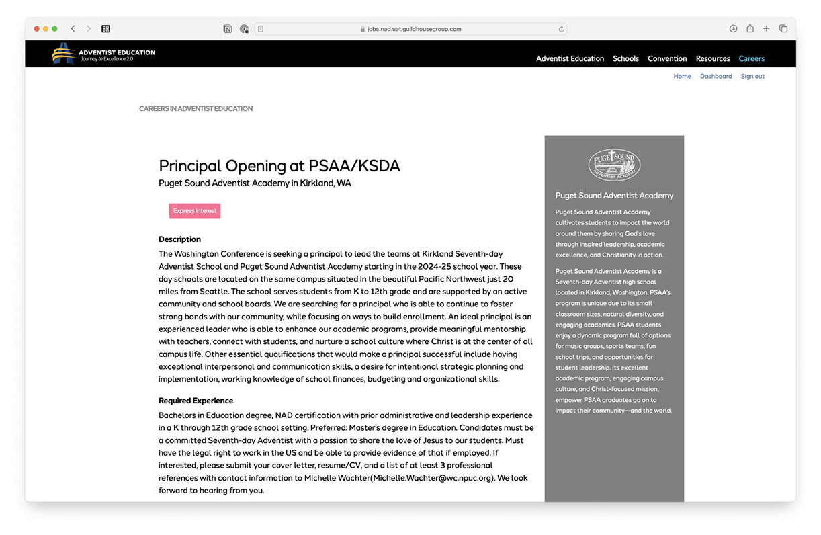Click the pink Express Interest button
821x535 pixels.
click(195, 211)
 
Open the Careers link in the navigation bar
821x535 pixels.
click(751, 58)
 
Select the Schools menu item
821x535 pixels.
click(625, 58)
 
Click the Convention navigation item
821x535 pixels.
click(667, 58)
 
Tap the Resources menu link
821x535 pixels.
click(713, 58)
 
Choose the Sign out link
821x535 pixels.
click(752, 77)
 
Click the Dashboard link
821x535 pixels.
click(716, 77)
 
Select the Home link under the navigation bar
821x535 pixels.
click(682, 77)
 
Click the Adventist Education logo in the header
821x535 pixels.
click(103, 54)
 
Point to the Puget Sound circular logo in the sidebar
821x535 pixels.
click(614, 165)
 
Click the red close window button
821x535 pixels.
click(37, 29)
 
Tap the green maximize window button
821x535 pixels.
click(54, 29)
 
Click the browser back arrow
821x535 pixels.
click(73, 29)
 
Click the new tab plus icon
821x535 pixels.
click(766, 29)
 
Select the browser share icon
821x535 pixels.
click(750, 29)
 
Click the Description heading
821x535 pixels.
click(179, 239)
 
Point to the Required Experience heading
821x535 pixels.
click(196, 401)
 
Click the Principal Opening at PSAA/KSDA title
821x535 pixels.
click(279, 166)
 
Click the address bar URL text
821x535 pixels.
click(414, 29)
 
